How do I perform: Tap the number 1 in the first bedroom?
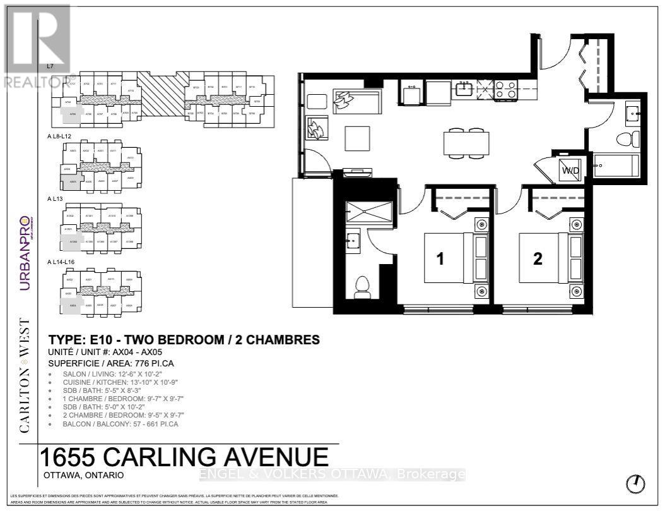(442, 259)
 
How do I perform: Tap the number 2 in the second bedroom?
(538, 259)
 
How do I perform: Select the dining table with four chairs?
(466, 143)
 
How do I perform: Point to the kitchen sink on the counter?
(465, 88)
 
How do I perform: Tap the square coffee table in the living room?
(358, 138)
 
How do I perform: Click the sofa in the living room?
(358, 100)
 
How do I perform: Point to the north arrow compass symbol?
(635, 484)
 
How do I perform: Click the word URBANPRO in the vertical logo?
(25, 253)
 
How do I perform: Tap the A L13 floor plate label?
(56, 198)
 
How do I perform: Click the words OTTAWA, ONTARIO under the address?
(84, 475)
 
